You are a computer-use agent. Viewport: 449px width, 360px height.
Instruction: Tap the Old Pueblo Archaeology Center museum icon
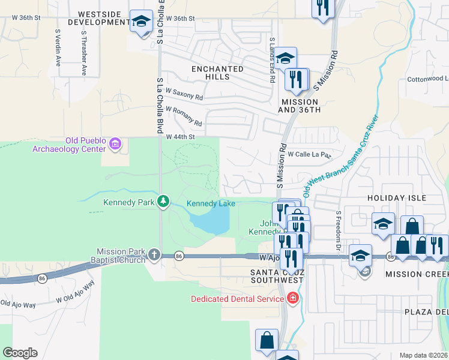click(116, 144)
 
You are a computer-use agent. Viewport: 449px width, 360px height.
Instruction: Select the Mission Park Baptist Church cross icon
click(154, 255)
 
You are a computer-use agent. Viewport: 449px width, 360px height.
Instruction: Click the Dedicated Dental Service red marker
click(292, 298)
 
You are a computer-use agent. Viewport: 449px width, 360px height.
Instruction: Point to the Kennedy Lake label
click(211, 204)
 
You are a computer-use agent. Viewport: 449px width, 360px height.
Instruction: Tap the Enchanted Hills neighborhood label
click(217, 73)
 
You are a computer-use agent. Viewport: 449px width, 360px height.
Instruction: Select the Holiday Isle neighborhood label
click(397, 198)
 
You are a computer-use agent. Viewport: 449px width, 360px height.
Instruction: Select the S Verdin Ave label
click(58, 47)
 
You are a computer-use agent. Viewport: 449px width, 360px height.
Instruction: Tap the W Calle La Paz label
click(309, 154)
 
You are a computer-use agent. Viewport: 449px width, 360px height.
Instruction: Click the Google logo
click(20, 353)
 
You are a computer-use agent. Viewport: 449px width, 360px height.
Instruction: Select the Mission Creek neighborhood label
click(417, 274)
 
